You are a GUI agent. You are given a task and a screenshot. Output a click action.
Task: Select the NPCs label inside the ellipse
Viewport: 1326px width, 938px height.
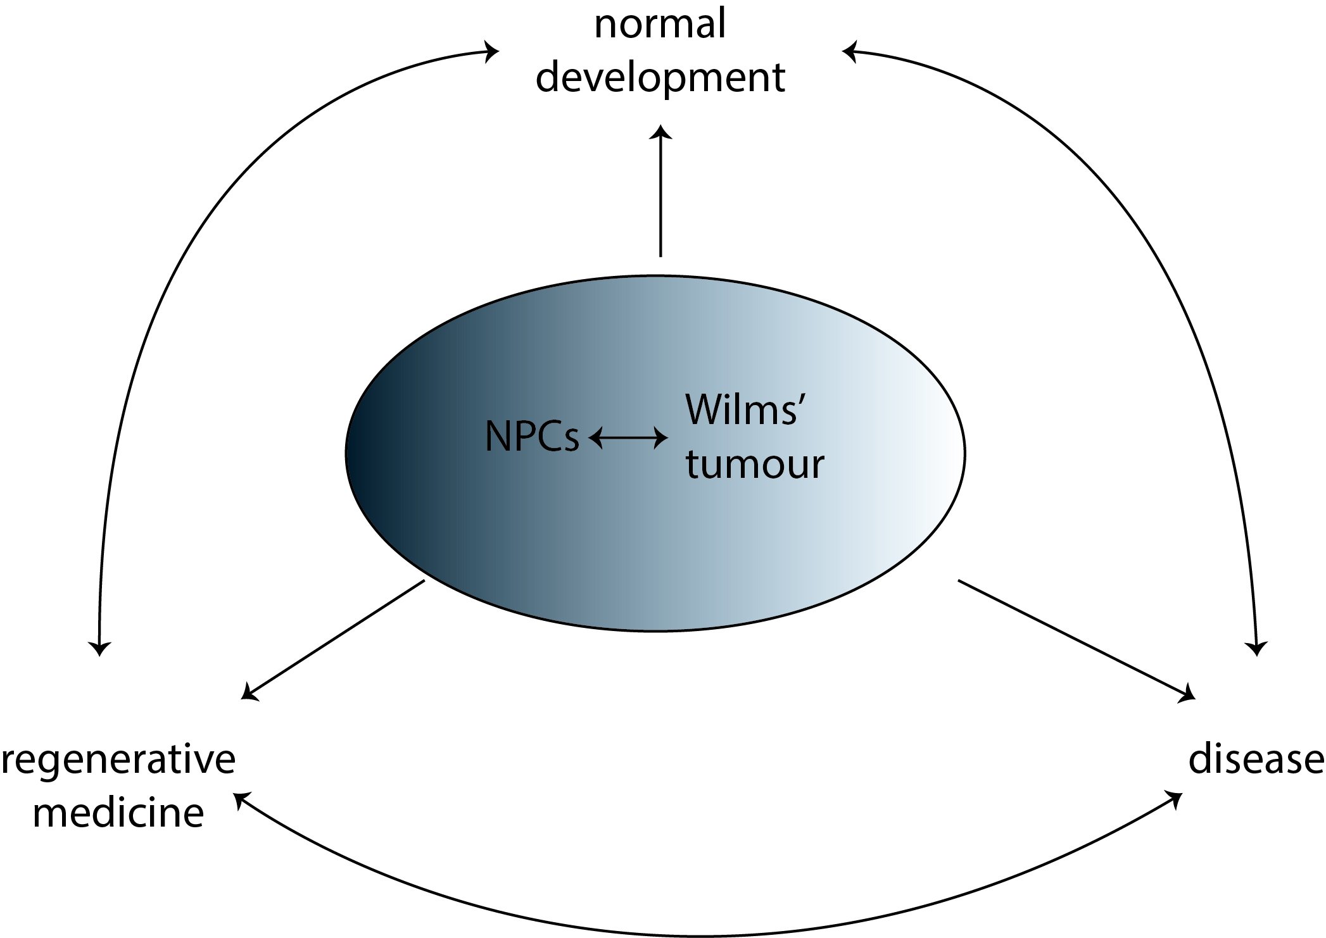pos(532,437)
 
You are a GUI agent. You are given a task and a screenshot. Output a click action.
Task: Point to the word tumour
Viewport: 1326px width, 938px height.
pos(755,464)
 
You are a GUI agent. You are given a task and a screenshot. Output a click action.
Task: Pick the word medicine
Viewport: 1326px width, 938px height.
pos(118,813)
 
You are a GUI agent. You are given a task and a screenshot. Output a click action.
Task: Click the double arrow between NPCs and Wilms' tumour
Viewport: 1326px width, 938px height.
pos(628,437)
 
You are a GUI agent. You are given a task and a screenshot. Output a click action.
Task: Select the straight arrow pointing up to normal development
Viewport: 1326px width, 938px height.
pos(661,190)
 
